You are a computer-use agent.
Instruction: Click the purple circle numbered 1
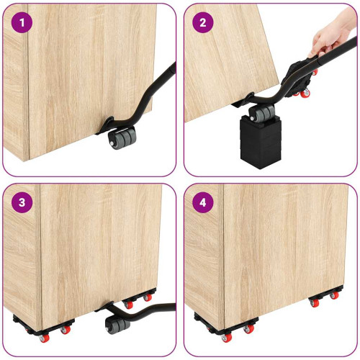point(22,22)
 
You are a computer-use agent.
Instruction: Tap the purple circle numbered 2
point(203,22)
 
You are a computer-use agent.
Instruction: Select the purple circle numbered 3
point(22,202)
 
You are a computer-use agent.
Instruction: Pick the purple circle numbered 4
point(203,202)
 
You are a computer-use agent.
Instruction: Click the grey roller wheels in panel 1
point(122,139)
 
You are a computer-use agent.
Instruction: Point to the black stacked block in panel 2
point(261,141)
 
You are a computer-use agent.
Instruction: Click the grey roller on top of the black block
point(261,112)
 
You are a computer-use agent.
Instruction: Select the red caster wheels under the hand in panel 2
point(303,92)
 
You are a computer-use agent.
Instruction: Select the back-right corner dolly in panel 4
point(326,297)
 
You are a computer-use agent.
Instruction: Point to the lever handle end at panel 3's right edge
point(171,307)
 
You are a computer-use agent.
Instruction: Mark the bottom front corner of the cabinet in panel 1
point(30,161)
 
